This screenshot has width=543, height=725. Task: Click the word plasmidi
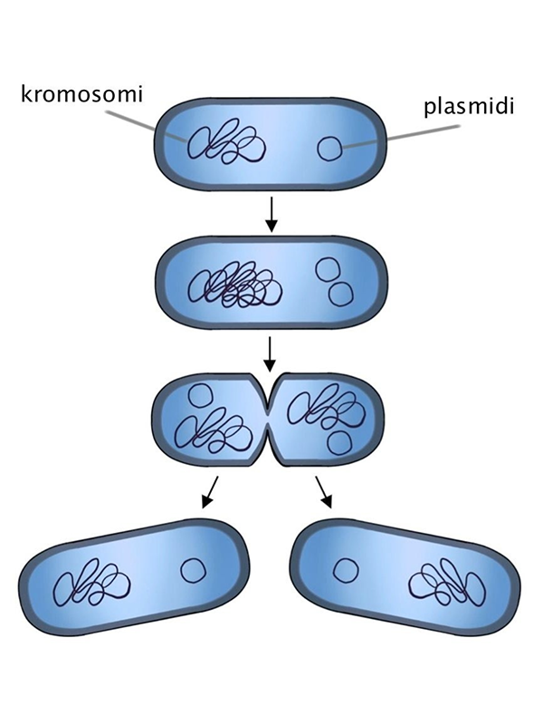[x=469, y=108]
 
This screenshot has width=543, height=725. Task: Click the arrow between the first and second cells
[x=271, y=213]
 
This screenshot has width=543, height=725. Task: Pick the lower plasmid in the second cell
[x=340, y=294]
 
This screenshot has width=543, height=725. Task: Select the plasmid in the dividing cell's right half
[x=341, y=442]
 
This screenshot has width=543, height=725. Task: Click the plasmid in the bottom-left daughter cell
[x=192, y=570]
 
